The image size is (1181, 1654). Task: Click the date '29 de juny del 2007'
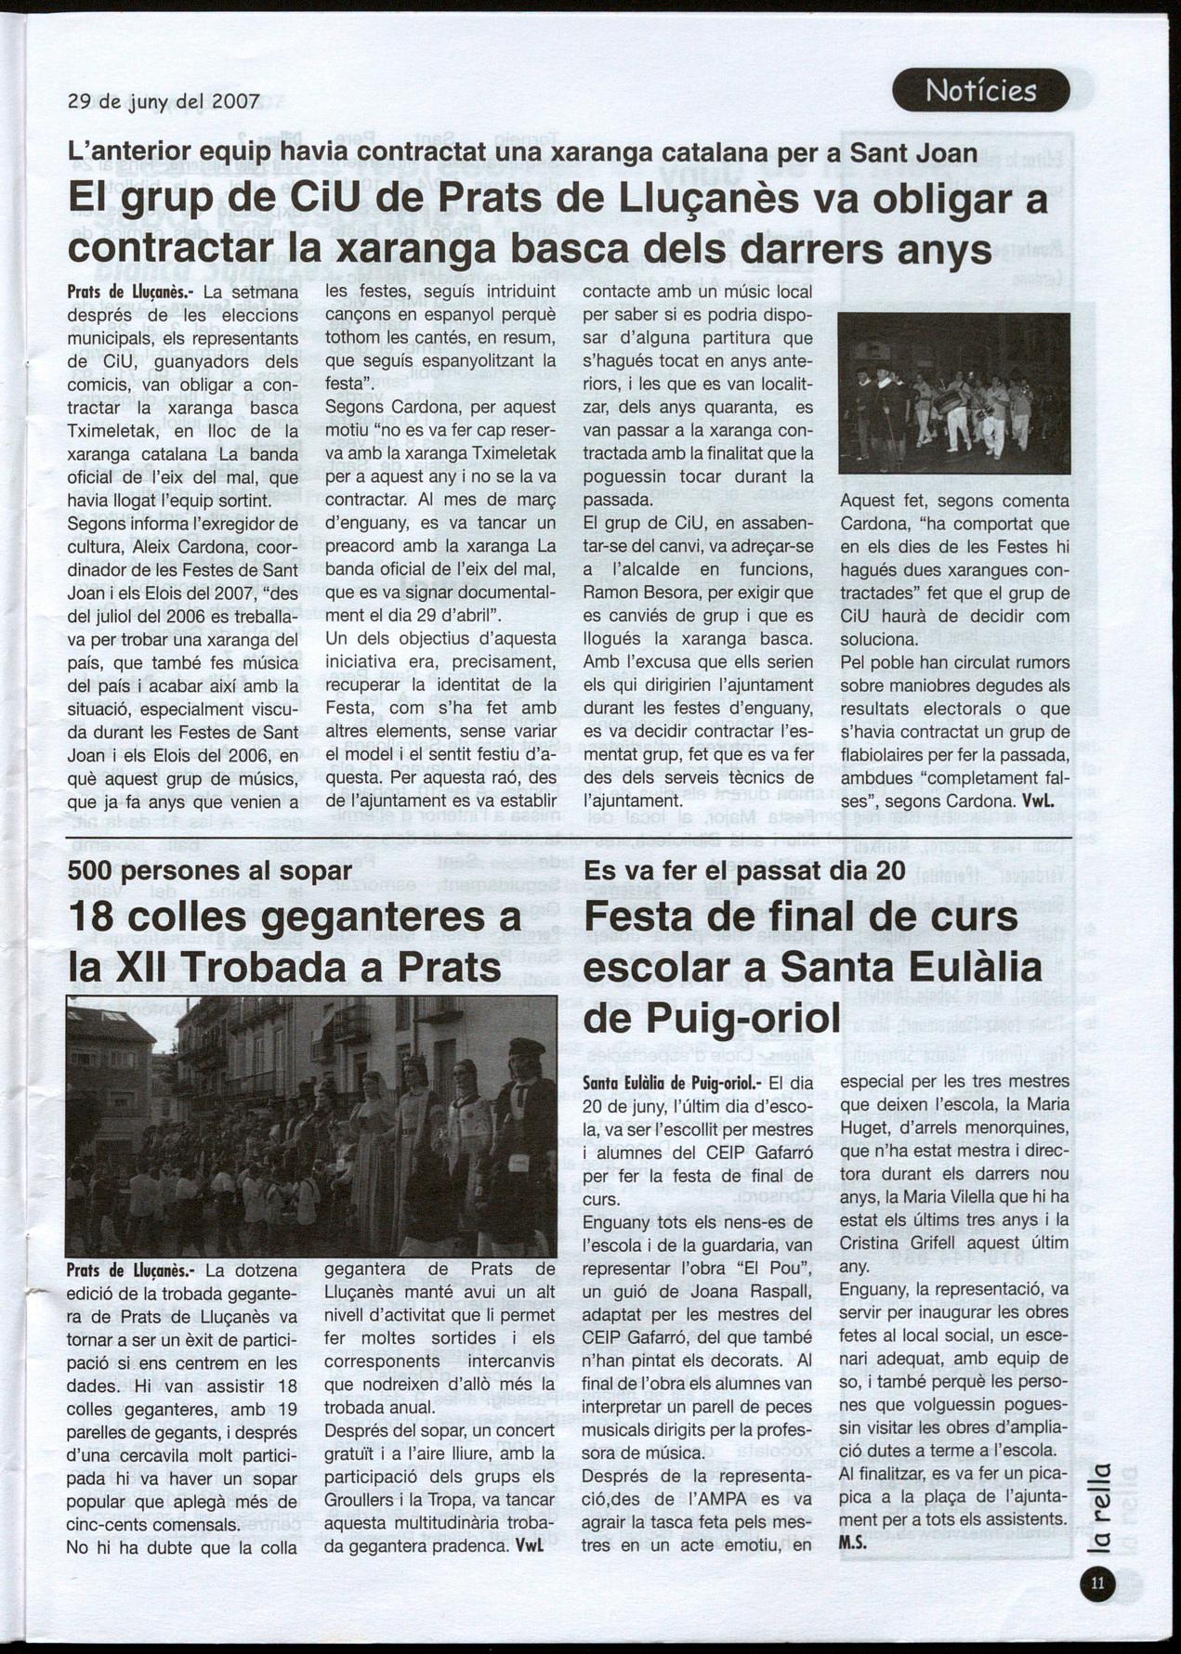(164, 102)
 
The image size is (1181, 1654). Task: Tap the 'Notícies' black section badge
(980, 91)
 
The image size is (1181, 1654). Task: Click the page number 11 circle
(1097, 1584)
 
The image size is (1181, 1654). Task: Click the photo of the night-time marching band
(953, 394)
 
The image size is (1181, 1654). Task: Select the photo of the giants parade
(311, 1127)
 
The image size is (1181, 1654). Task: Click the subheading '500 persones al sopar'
(209, 870)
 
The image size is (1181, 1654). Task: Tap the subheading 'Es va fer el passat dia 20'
(744, 870)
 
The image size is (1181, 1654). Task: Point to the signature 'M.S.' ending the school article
(853, 1541)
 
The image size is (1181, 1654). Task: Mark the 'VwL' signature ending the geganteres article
(530, 1547)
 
